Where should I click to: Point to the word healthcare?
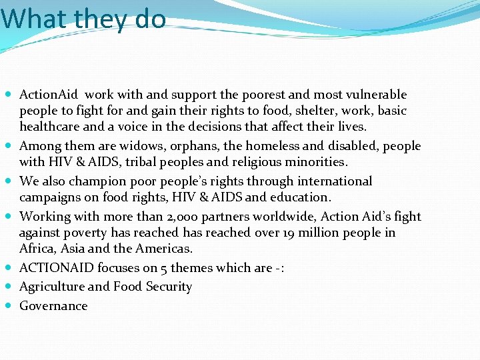pyautogui.click(x=51, y=127)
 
